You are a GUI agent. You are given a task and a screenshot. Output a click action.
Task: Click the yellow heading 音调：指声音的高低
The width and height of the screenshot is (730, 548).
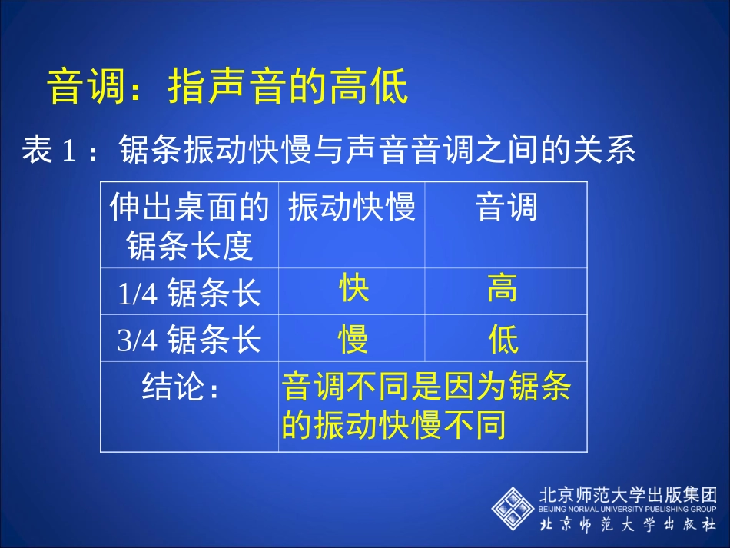(x=227, y=87)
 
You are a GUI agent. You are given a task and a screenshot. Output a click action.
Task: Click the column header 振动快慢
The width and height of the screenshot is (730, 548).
(x=352, y=208)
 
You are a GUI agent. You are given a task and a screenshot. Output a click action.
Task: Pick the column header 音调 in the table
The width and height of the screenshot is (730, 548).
(x=506, y=208)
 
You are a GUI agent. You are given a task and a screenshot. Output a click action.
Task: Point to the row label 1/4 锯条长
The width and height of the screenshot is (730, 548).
(x=189, y=293)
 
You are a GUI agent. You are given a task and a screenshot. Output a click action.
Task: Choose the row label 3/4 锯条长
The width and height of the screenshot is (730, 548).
(x=189, y=339)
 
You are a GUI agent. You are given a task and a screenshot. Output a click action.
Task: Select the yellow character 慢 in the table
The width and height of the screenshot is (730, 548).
(x=353, y=339)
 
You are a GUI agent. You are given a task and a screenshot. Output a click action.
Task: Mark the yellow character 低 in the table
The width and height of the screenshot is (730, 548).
(x=503, y=339)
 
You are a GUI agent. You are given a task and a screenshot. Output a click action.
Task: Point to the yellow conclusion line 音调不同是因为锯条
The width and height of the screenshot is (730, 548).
(x=426, y=387)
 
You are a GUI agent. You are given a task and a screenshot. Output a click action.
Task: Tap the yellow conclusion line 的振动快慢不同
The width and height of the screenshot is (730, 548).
(x=393, y=425)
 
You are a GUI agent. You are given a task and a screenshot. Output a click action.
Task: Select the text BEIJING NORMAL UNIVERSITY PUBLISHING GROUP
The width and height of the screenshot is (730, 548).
(x=628, y=509)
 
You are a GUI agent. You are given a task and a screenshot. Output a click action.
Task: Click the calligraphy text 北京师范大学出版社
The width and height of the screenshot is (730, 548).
(x=628, y=526)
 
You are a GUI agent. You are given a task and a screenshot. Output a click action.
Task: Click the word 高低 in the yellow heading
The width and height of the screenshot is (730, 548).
(x=378, y=87)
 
